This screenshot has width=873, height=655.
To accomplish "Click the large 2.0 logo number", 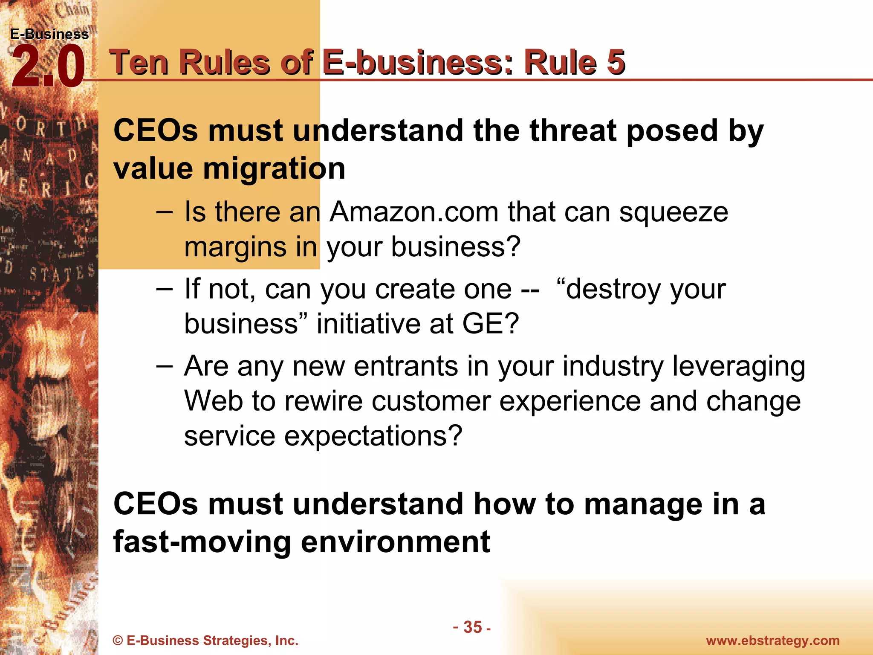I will point(48,67).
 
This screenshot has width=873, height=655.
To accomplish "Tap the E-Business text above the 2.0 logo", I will point(49,34).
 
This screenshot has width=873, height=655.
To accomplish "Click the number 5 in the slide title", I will point(616,62).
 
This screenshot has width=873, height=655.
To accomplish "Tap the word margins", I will point(235,248).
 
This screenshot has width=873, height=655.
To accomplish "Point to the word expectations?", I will point(373,436).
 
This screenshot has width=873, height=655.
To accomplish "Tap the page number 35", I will point(472,627).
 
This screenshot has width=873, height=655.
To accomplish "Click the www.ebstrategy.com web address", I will point(773,641).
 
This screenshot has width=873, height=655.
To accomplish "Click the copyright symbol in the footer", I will point(118,641).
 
